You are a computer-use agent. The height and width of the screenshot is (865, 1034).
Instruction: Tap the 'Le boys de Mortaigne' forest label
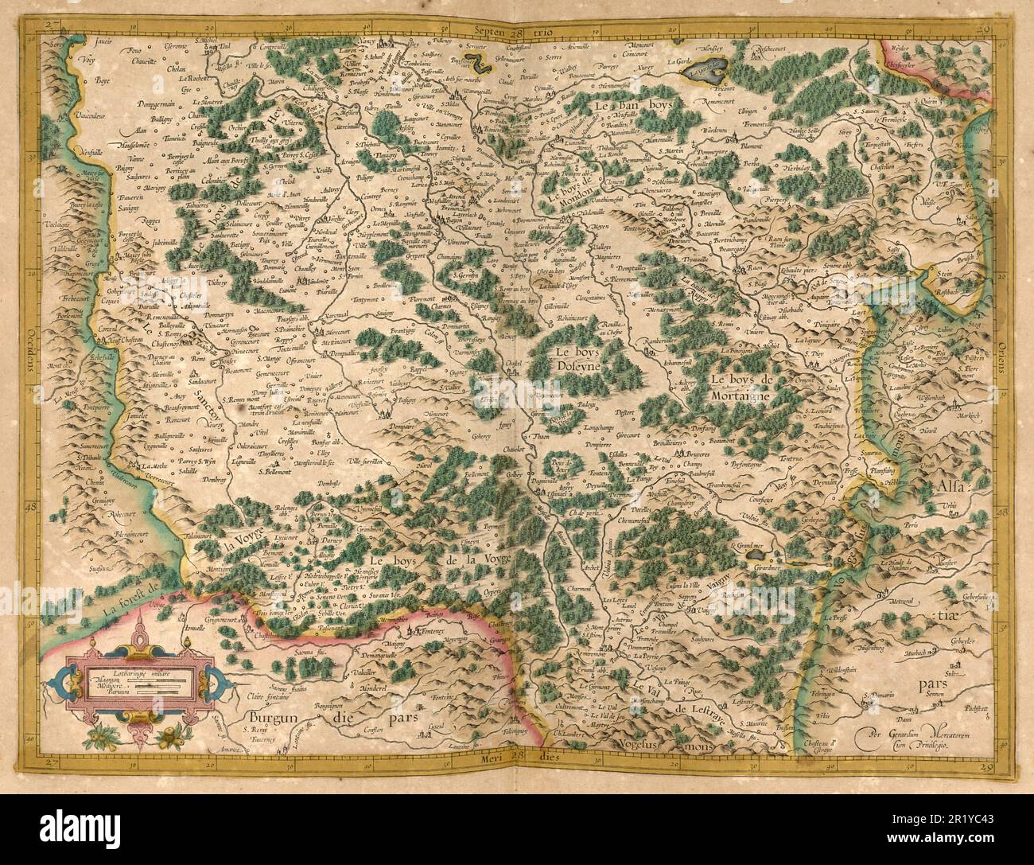747,386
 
